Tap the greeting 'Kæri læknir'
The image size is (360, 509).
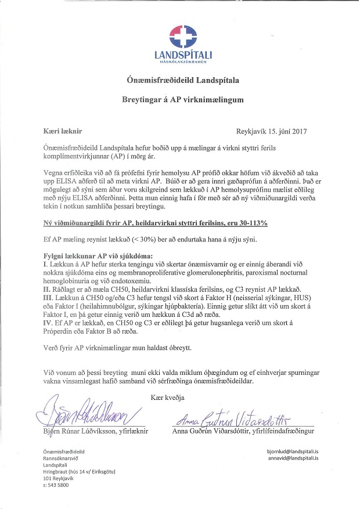click(x=64, y=131)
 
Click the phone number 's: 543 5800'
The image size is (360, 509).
click(x=56, y=485)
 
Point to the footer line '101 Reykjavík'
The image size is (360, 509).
click(x=60, y=478)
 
